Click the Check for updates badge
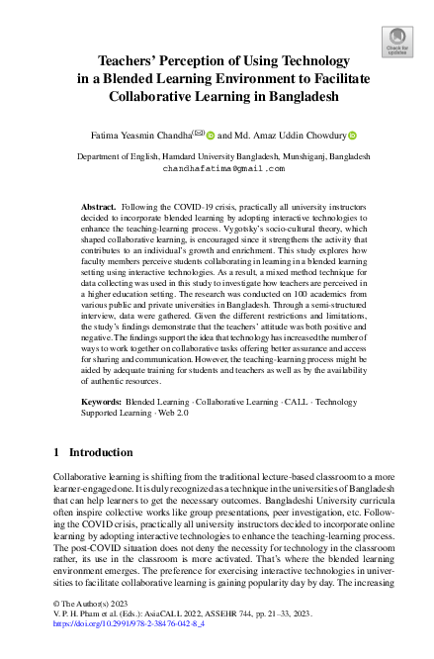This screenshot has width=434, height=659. coord(396,43)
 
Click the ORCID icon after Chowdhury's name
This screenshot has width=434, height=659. coord(379,132)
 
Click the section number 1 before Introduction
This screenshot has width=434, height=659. coord(56,452)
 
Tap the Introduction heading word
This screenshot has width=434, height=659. coord(100,452)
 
